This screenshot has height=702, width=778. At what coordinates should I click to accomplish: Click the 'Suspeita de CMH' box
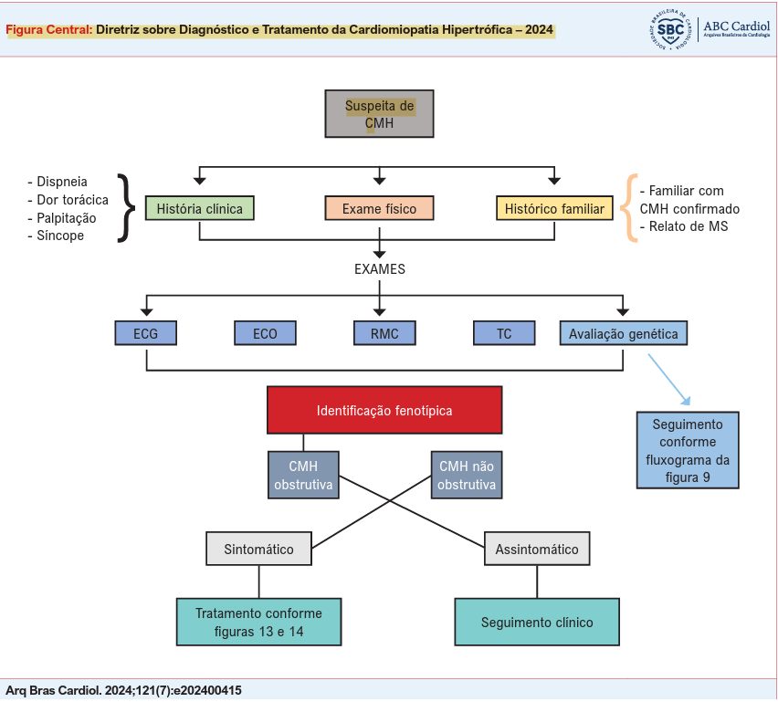click(379, 114)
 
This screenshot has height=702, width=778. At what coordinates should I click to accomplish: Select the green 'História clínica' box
click(200, 209)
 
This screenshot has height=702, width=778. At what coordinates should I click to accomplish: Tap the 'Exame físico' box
click(379, 209)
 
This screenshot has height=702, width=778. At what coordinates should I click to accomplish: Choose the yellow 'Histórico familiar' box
click(554, 209)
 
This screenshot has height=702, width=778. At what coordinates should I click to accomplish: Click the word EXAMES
click(380, 269)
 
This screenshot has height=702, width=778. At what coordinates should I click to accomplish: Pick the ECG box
click(146, 333)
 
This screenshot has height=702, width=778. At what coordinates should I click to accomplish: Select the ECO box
click(266, 333)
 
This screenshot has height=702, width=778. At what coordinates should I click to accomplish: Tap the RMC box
click(384, 333)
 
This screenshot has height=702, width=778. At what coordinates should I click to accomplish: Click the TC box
click(504, 333)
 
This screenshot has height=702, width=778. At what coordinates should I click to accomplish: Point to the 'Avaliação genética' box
click(624, 333)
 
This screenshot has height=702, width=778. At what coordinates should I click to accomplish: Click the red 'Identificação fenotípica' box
click(384, 410)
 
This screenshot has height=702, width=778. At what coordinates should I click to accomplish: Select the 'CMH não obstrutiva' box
click(467, 475)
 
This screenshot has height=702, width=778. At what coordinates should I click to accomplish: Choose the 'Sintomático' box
click(259, 550)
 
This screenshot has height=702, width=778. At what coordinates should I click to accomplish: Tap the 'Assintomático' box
click(537, 550)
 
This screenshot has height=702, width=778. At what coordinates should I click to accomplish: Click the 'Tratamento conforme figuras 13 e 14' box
click(258, 623)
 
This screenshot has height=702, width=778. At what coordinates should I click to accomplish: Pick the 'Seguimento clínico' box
click(537, 623)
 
